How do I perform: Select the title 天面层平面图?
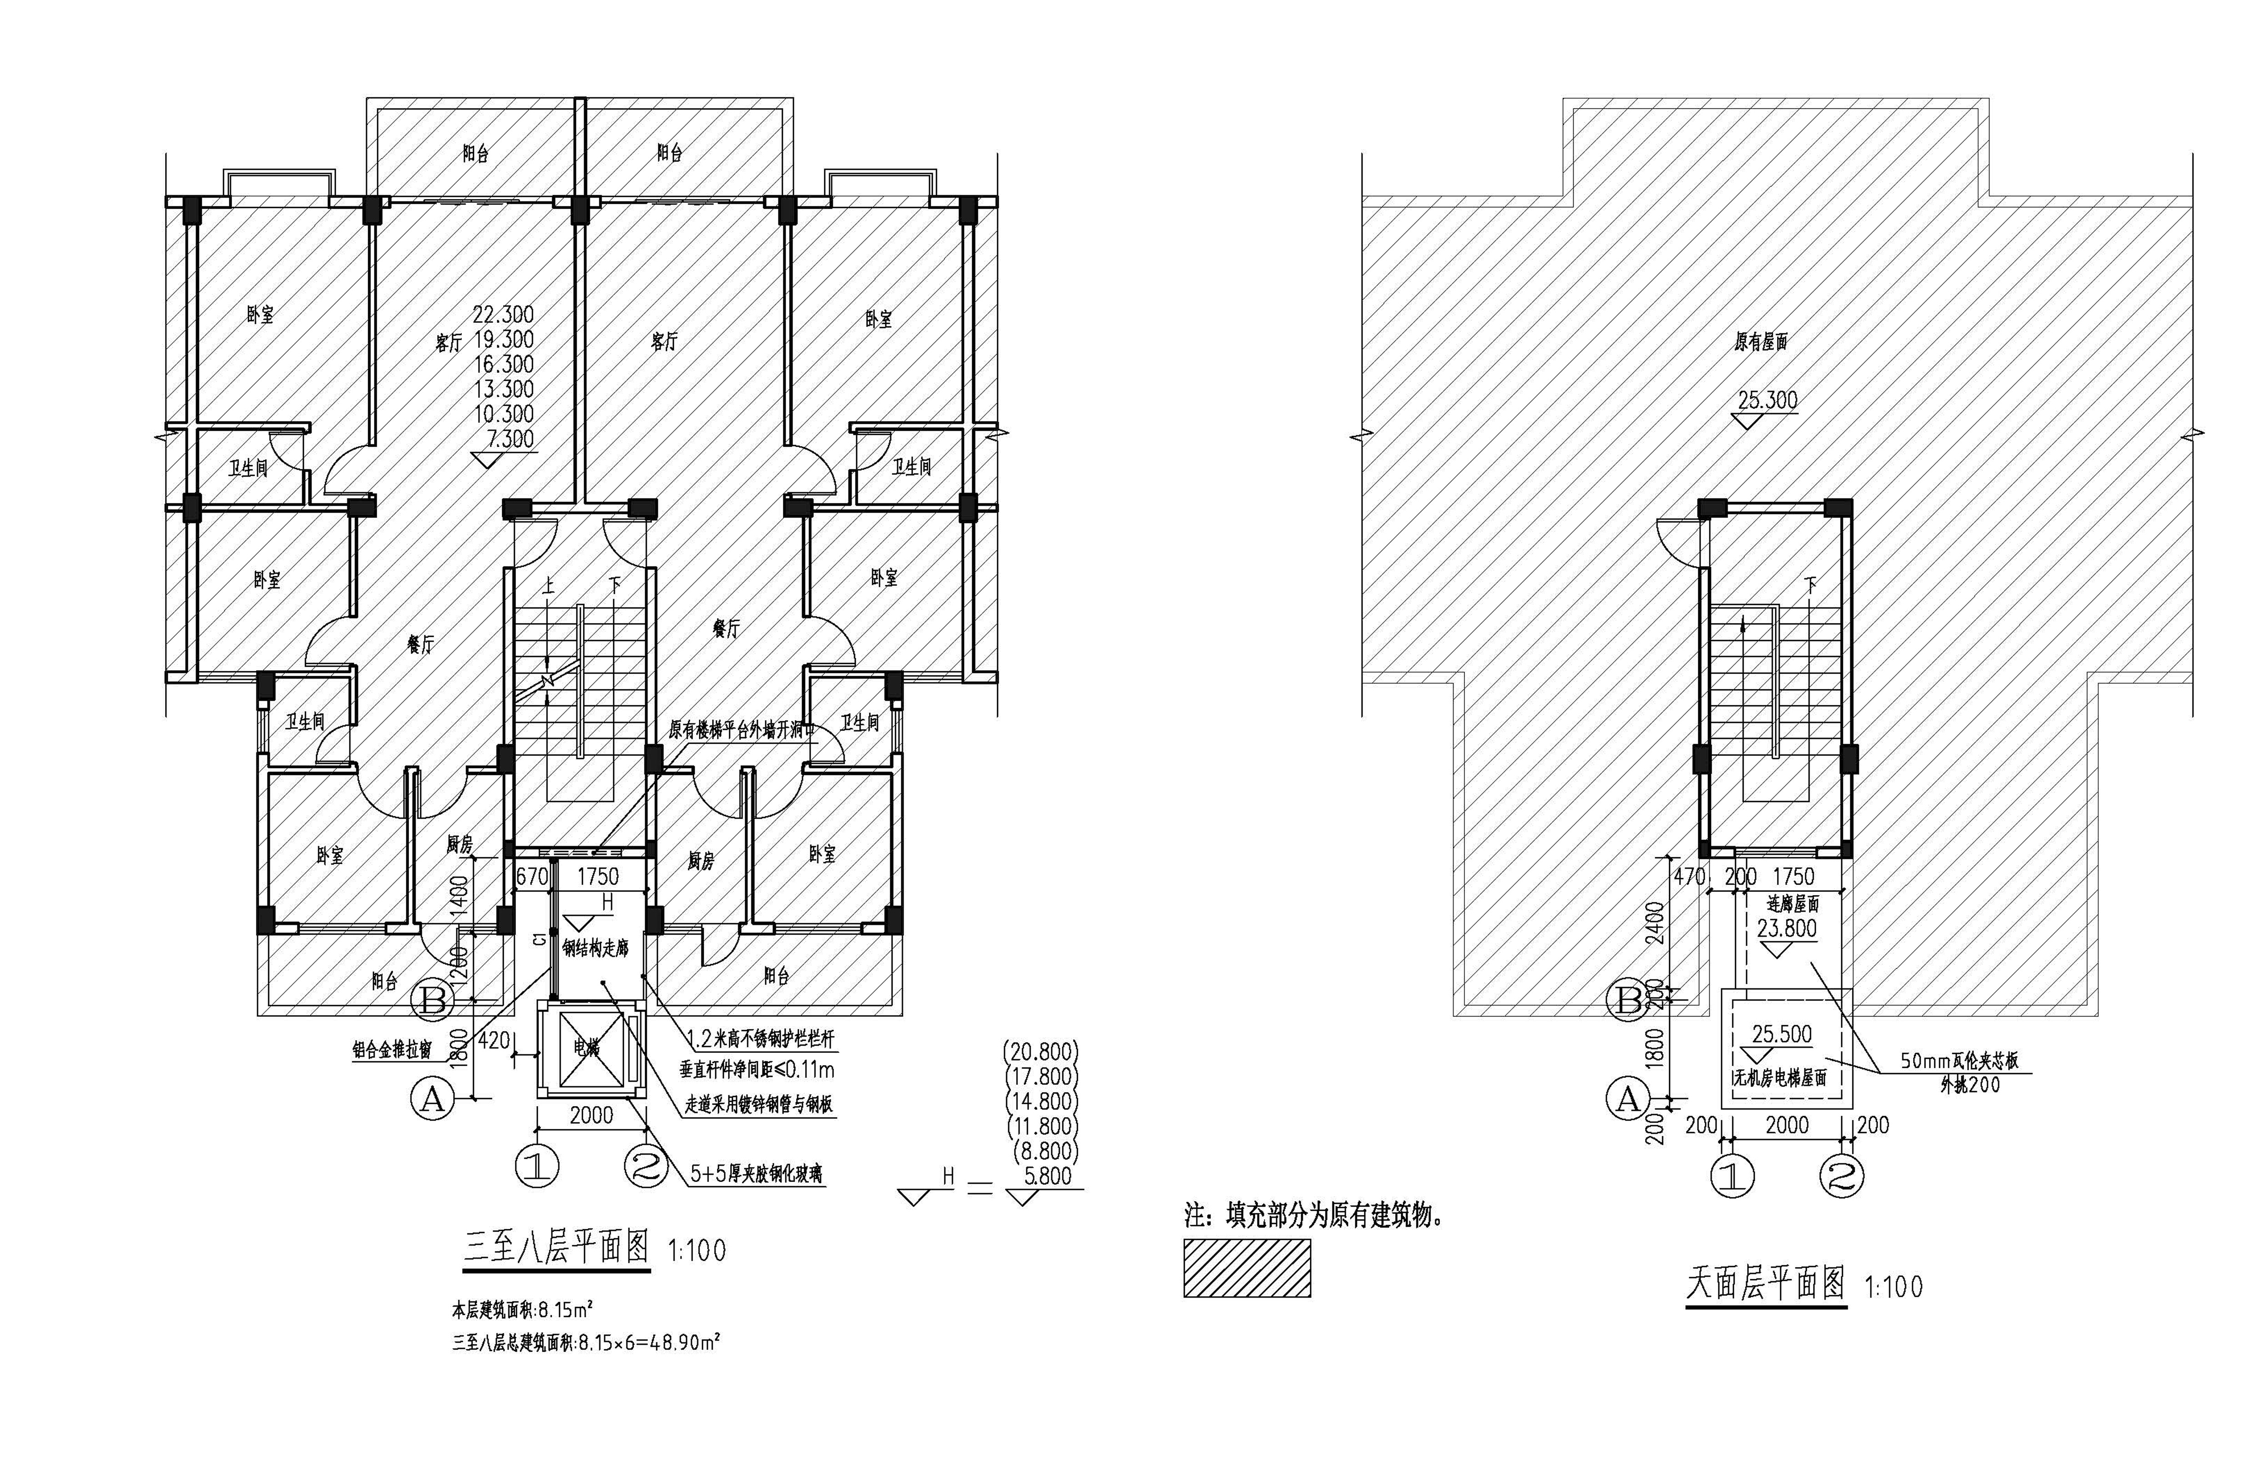1766,1284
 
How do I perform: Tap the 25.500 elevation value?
1782,1034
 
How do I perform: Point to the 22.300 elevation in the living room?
503,314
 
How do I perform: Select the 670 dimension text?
532,877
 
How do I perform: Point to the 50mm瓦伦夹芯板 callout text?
1959,1061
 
